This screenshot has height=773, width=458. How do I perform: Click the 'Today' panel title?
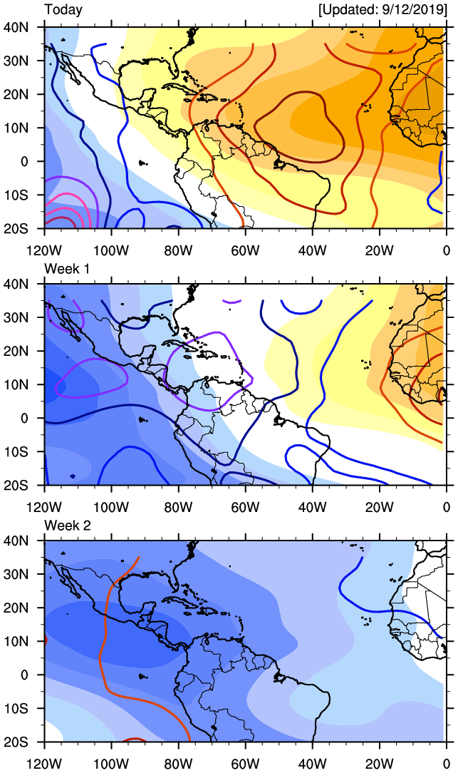click(63, 10)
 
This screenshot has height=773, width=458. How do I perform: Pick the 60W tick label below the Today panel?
click(245, 250)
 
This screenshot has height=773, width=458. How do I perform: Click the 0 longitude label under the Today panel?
click(446, 250)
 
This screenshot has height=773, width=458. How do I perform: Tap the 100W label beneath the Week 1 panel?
click(111, 507)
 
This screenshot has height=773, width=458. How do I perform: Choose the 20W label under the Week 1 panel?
click(379, 507)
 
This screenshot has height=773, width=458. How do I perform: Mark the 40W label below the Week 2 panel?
click(312, 764)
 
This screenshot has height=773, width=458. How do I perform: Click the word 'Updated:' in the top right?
click(350, 10)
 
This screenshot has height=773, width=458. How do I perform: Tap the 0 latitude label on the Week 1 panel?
click(25, 418)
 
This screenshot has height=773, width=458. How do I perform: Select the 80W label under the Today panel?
click(178, 250)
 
